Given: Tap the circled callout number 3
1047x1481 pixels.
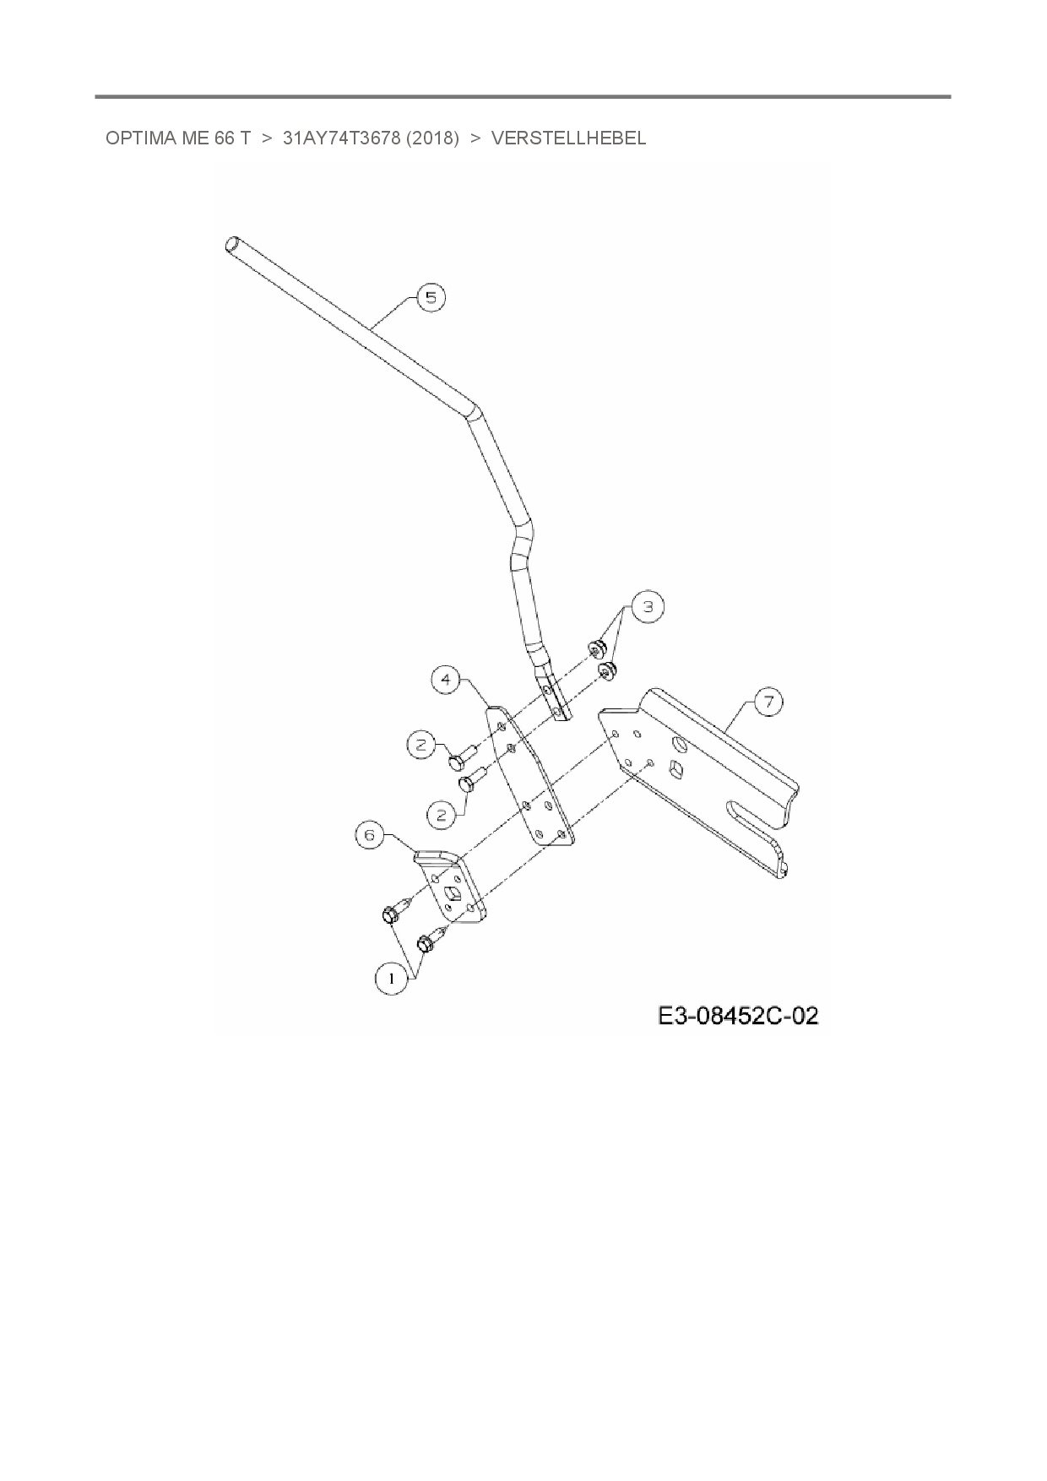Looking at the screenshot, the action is click(x=648, y=606).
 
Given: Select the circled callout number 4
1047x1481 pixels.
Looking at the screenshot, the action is click(x=446, y=680).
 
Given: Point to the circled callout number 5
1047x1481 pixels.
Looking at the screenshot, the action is click(x=431, y=297).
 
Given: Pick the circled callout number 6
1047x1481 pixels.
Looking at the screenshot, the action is click(x=369, y=836).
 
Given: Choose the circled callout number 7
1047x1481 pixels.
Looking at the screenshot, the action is click(x=768, y=703).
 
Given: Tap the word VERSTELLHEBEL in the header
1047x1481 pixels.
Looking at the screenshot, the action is click(x=568, y=138).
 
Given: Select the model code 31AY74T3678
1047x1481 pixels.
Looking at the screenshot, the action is click(x=341, y=138).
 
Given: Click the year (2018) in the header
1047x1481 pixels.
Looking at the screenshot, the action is click(x=432, y=138).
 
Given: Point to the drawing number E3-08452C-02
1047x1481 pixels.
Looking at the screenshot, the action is click(x=738, y=1015).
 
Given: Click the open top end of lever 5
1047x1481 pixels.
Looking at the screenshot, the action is click(x=232, y=246).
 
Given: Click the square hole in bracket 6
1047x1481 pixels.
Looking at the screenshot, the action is click(x=455, y=897).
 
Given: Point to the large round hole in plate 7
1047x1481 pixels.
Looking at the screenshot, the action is click(x=680, y=744).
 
